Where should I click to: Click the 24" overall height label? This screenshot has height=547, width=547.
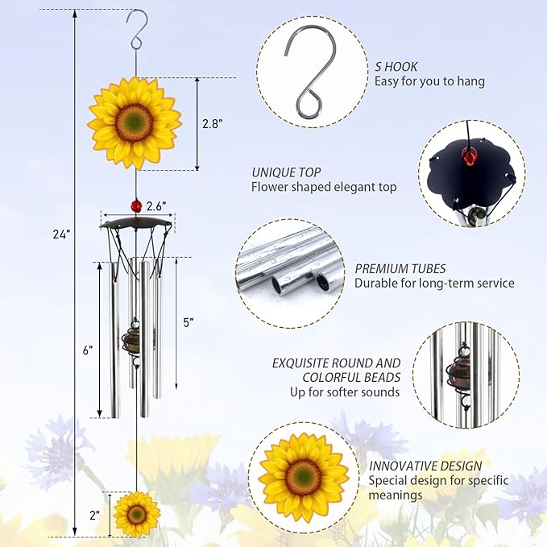(61, 234)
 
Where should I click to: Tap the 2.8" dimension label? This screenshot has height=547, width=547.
(212, 123)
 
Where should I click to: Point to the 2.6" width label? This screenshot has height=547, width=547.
(156, 206)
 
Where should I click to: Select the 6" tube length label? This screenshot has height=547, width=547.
(87, 350)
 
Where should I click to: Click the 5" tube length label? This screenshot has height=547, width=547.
(189, 322)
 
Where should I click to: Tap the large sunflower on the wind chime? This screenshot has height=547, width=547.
(135, 122)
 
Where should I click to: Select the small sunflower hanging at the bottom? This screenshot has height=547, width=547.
(136, 513)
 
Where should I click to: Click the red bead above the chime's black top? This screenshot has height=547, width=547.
(137, 206)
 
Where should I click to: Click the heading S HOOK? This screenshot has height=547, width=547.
(396, 67)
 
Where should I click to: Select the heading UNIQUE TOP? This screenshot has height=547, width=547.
(286, 172)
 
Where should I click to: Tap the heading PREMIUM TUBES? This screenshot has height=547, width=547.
(400, 268)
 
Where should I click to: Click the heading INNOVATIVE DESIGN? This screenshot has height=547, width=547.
(425, 466)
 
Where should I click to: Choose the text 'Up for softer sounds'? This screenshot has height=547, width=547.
(345, 392)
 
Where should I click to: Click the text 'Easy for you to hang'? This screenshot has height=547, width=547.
(429, 81)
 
